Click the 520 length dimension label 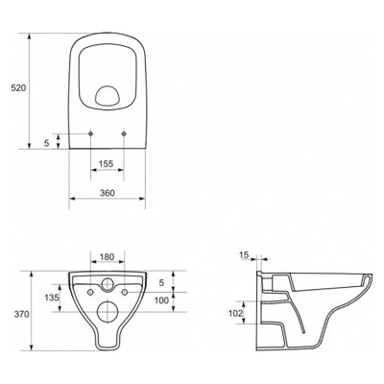tap(18, 88)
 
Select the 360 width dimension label tap(108, 193)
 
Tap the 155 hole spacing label tap(107, 164)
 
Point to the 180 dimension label tap(107, 257)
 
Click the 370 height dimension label tap(21, 315)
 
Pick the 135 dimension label tap(52, 298)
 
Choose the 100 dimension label tap(161, 300)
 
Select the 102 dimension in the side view tap(235, 313)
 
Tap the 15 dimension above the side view tap(244, 255)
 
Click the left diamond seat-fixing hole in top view tap(91, 133)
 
